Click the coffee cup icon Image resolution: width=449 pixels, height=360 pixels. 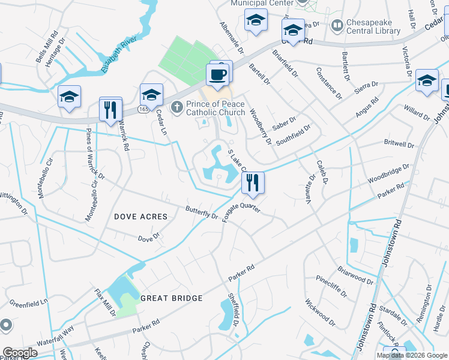click(217, 75)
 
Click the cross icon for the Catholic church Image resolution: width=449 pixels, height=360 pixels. click(176, 107)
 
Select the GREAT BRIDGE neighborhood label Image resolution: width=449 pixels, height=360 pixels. click(170, 298)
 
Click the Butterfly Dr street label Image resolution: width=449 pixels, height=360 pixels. click(202, 212)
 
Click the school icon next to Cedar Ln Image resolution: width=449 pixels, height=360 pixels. click(151, 95)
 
